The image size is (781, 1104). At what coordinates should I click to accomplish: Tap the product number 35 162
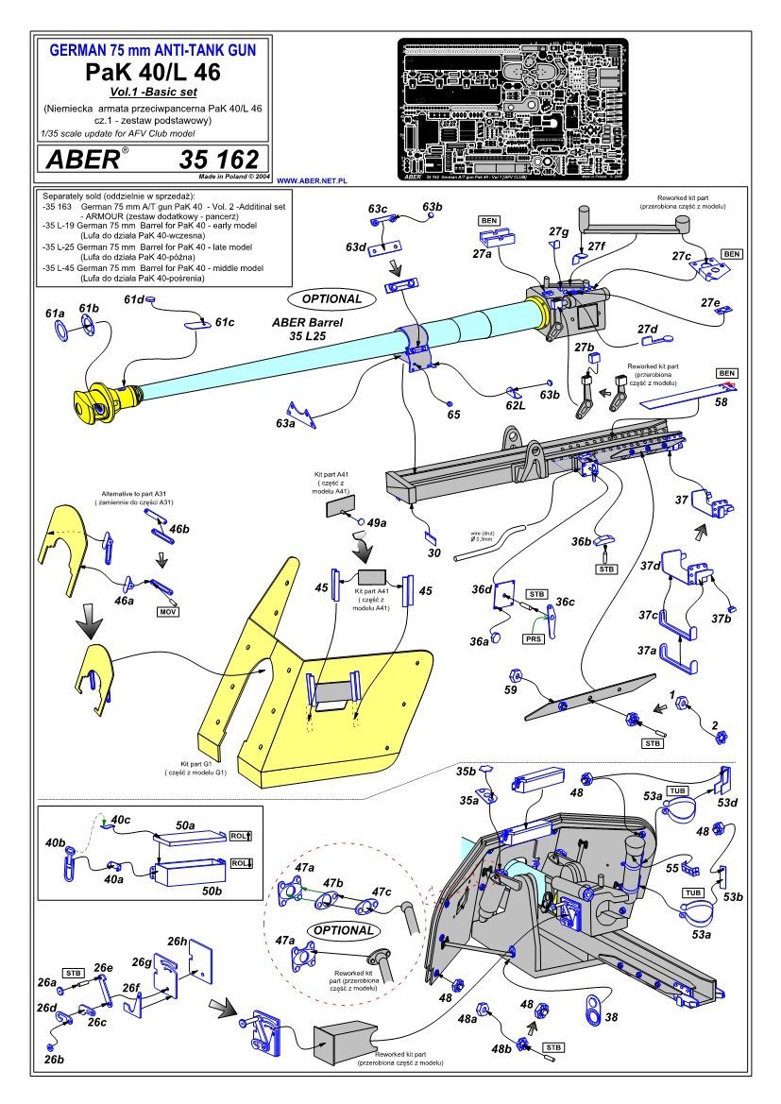(218, 158)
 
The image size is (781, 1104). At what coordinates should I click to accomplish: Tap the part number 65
(453, 414)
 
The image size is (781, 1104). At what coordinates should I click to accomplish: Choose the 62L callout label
(515, 406)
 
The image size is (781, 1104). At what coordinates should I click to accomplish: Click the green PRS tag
(534, 639)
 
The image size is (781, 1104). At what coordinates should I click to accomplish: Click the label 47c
(382, 891)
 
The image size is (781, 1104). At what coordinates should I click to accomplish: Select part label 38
(612, 1017)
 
